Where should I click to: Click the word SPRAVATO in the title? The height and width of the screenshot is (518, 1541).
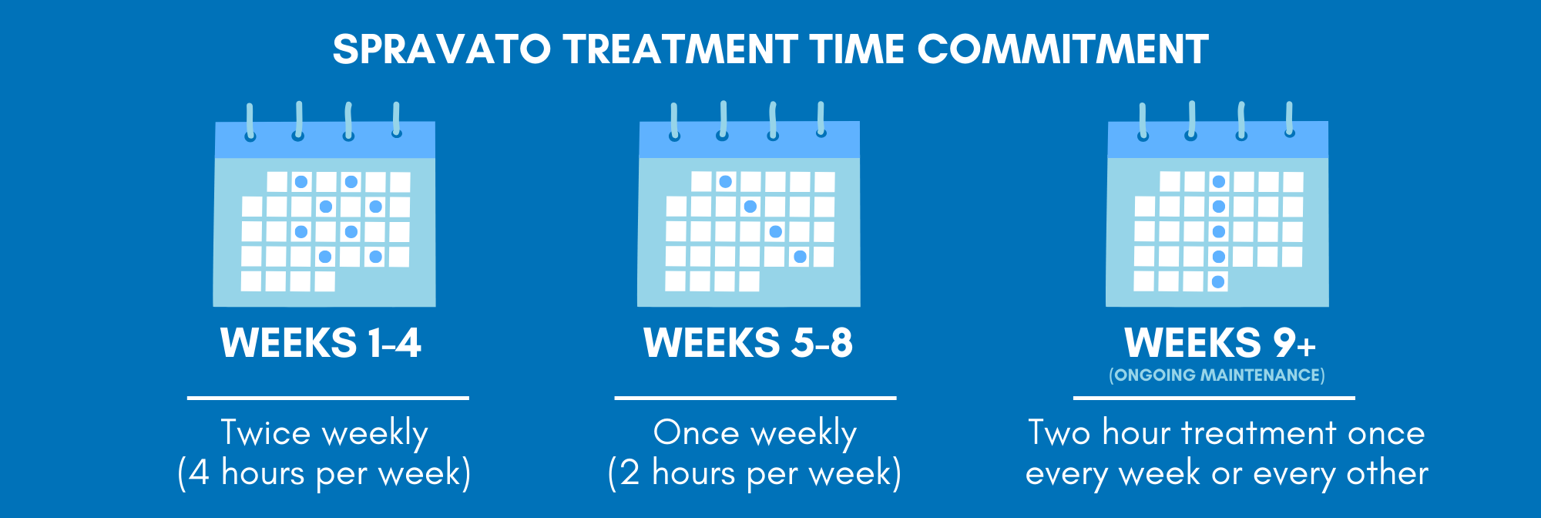pyautogui.click(x=441, y=49)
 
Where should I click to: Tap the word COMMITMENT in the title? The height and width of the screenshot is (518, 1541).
pyautogui.click(x=1063, y=49)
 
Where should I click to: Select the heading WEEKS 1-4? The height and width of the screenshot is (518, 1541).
pyautogui.click(x=321, y=343)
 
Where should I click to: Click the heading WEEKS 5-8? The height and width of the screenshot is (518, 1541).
pyautogui.click(x=748, y=343)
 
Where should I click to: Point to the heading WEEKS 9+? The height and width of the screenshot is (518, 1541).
pyautogui.click(x=1220, y=343)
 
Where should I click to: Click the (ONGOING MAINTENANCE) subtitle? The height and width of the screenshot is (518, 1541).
pyautogui.click(x=1217, y=375)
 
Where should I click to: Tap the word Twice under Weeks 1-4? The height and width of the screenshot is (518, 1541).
pyautogui.click(x=266, y=432)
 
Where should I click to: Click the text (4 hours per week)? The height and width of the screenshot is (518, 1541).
pyautogui.click(x=324, y=473)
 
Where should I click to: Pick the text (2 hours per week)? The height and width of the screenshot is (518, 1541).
pyautogui.click(x=754, y=473)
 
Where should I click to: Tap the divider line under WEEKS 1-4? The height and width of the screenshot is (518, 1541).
pyautogui.click(x=328, y=398)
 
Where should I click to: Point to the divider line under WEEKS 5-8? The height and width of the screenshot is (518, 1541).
pyautogui.click(x=755, y=398)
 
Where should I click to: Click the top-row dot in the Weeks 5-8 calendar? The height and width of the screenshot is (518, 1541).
pyautogui.click(x=725, y=182)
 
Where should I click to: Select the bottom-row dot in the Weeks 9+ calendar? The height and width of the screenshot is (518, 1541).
pyautogui.click(x=1218, y=281)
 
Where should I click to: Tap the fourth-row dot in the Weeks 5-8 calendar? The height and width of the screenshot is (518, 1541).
pyautogui.click(x=801, y=257)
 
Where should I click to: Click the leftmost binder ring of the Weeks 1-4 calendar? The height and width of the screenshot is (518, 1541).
pyautogui.click(x=250, y=122)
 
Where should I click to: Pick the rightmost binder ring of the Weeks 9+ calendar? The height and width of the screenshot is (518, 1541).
pyautogui.click(x=1289, y=119)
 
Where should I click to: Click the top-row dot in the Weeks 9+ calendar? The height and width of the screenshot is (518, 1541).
pyautogui.click(x=1218, y=182)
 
